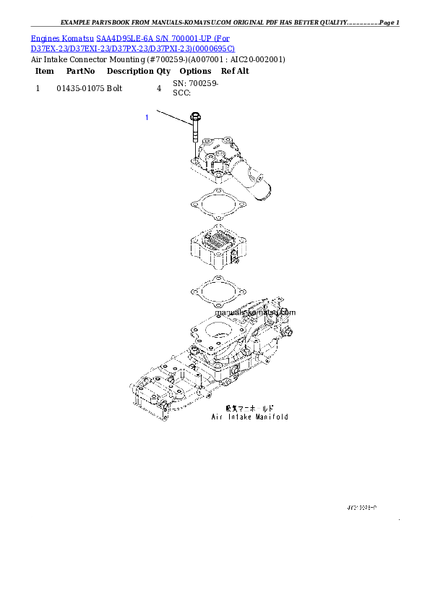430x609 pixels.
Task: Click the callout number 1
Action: [147, 116]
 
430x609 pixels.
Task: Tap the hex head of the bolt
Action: [195, 117]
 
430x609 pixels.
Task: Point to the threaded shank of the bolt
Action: [195, 137]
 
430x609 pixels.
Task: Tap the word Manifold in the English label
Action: [272, 417]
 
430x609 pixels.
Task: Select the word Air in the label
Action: [217, 417]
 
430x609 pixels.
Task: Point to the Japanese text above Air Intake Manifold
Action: [249, 408]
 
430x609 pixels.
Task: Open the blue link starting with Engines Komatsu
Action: [130, 37]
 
